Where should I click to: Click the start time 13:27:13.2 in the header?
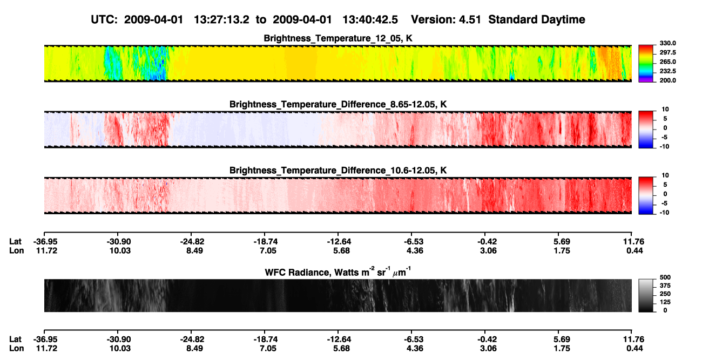click(221, 20)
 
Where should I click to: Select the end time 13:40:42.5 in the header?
click(370, 20)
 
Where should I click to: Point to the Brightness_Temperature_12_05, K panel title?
click(338, 38)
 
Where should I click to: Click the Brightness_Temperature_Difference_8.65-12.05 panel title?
click(338, 104)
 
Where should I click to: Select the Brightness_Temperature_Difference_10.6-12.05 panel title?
click(338, 171)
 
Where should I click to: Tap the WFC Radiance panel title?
click(338, 272)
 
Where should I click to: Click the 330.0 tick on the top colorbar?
click(667, 43)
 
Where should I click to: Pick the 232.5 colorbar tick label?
click(667, 71)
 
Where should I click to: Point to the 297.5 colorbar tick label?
click(667, 52)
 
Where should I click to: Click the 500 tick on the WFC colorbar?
click(665, 277)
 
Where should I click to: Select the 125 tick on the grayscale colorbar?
click(665, 302)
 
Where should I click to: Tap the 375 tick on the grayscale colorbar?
click(665, 286)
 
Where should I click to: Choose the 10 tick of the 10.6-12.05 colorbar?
click(665, 175)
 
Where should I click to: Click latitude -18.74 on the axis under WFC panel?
click(266, 339)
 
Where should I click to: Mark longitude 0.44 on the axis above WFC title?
click(634, 250)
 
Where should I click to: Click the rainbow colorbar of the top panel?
click(646, 64)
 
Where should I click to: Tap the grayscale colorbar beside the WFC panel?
click(646, 295)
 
